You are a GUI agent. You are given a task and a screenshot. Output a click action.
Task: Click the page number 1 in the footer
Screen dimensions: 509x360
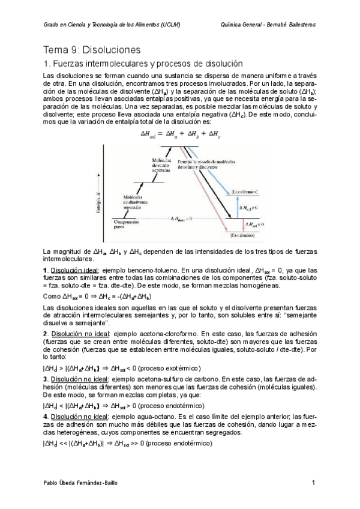[x=313, y=483]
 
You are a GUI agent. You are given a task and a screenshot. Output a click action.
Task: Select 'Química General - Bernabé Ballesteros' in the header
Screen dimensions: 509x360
[x=268, y=25]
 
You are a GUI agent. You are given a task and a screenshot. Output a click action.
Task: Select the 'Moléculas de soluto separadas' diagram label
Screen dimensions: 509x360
[x=162, y=164]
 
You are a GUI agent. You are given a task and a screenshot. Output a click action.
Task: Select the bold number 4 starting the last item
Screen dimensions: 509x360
[x=46, y=416]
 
